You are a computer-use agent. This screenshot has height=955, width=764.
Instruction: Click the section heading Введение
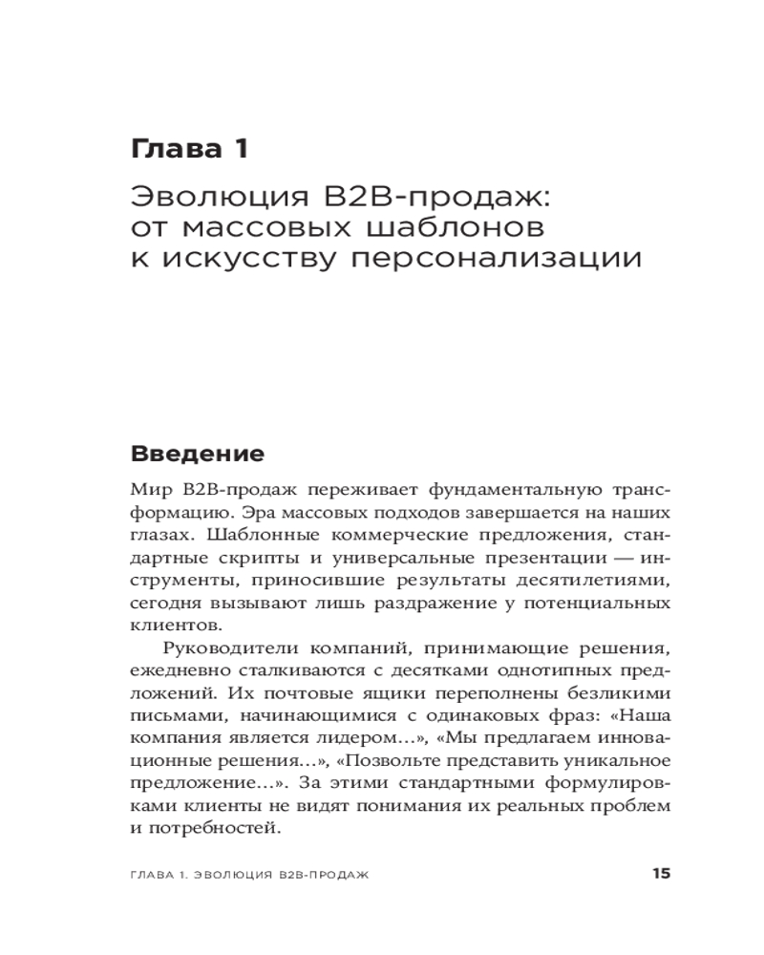tap(197, 453)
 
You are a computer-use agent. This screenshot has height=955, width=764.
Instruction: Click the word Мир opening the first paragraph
tap(149, 491)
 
